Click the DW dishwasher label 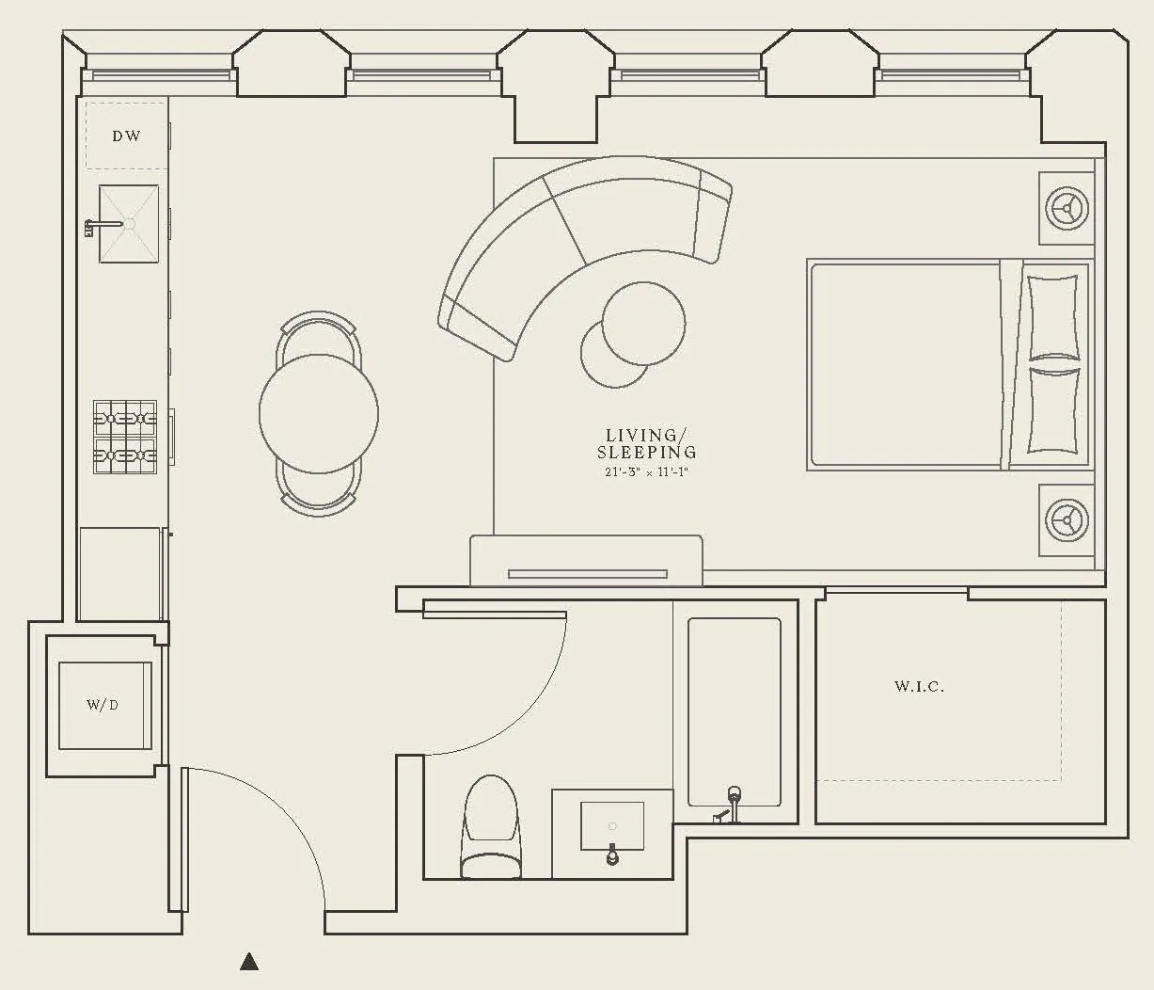[x=126, y=136]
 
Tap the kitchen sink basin [x=129, y=224]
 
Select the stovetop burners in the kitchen [x=124, y=437]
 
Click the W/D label [x=103, y=705]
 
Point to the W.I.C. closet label [x=919, y=687]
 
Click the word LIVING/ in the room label [x=641, y=435]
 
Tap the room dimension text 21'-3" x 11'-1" [x=647, y=471]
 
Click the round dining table [x=319, y=413]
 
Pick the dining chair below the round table [x=319, y=495]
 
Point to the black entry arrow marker [x=249, y=962]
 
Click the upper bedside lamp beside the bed [x=1067, y=207]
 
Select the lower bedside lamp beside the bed [x=1067, y=519]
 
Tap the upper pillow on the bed [x=1052, y=316]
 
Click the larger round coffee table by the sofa [x=643, y=323]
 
